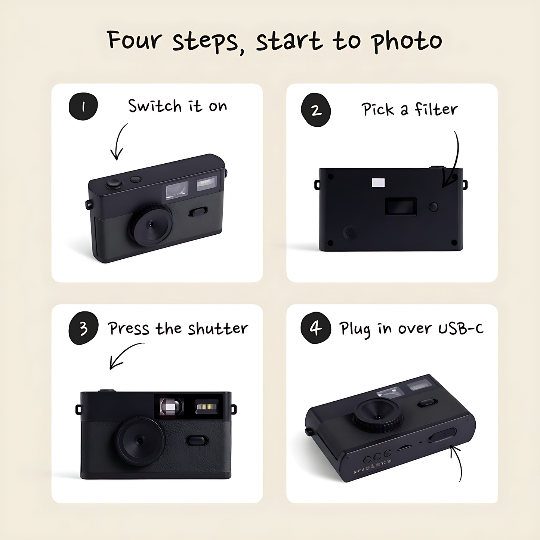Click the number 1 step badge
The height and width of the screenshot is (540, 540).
click(83, 107)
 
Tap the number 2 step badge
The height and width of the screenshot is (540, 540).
click(316, 110)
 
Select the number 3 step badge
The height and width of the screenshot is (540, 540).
click(83, 328)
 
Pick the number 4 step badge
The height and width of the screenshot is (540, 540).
click(316, 328)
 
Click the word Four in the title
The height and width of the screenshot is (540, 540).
click(135, 40)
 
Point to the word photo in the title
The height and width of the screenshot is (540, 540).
click(407, 42)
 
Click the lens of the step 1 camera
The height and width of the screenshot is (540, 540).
click(151, 224)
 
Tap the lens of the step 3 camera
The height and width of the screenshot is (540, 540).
click(139, 441)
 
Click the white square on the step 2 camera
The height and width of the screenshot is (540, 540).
click(378, 183)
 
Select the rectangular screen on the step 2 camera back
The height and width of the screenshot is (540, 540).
click(401, 207)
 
